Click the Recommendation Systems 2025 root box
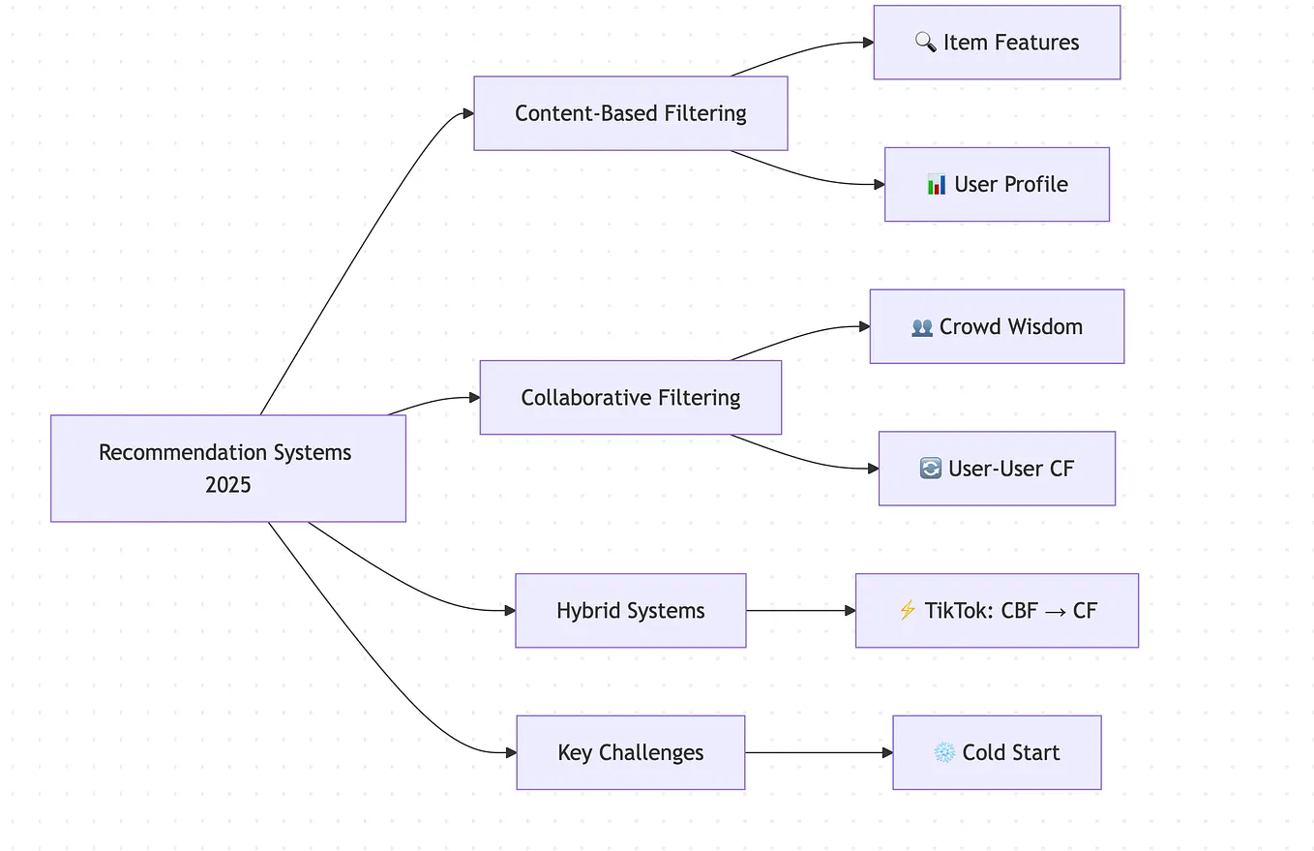coord(227,469)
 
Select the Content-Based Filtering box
coord(630,113)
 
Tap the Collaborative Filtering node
coord(630,397)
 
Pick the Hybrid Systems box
coord(630,610)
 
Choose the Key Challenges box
coord(630,752)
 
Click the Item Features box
coord(997,43)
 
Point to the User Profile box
coord(997,184)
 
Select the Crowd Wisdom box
coord(997,326)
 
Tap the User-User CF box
coord(997,469)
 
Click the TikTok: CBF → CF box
coord(997,610)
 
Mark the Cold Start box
coord(997,752)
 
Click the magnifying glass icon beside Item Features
coord(925,43)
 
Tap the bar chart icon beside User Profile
coord(937,184)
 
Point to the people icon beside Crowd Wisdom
coord(922,327)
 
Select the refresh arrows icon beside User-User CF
coord(930,469)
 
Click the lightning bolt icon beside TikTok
coord(907,610)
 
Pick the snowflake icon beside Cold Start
coord(944,752)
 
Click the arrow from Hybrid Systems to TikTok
coord(800,611)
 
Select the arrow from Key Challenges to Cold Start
coord(818,752)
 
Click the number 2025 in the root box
coord(227,485)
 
